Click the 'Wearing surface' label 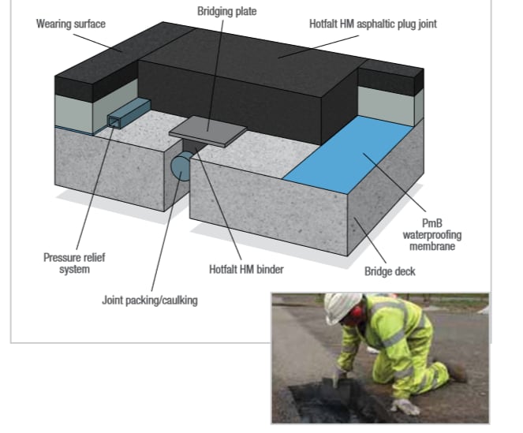click(x=70, y=24)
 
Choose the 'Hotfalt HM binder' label click(x=246, y=269)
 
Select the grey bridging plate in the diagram click(x=207, y=129)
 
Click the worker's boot click(x=455, y=371)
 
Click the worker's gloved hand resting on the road click(x=406, y=407)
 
